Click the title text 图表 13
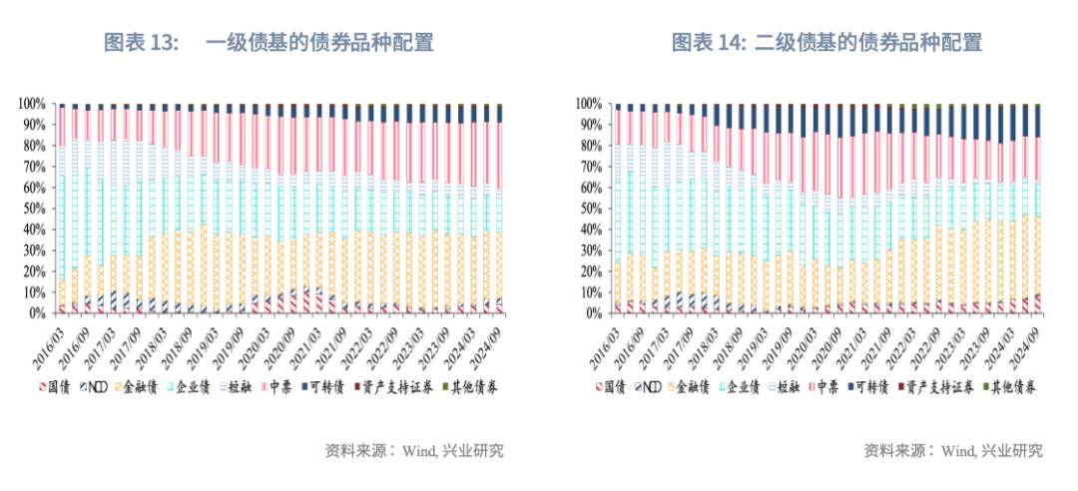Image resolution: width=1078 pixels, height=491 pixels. pos(141,42)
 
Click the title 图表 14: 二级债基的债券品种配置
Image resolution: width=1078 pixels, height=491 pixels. pos(826,42)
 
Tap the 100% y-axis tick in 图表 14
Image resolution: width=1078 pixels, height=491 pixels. pos(588,103)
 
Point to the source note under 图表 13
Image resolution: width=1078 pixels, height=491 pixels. pos(414,450)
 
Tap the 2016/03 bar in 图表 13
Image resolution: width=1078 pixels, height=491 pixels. pos(62,208)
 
